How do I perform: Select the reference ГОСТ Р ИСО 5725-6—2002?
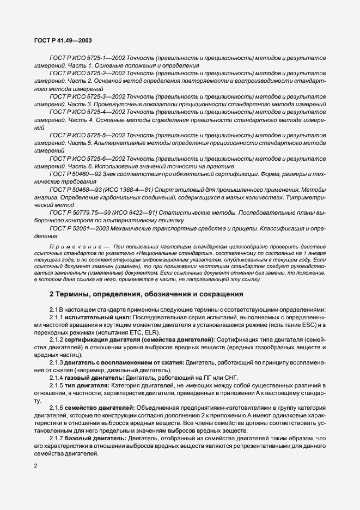[80, 158]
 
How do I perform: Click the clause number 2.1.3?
[58, 363]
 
